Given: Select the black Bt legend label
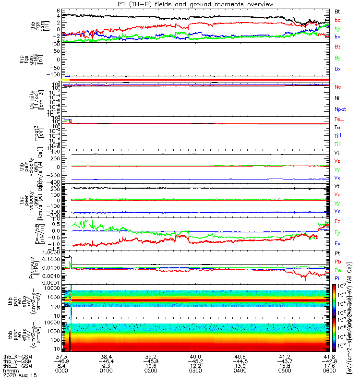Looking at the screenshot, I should click(x=338, y=11).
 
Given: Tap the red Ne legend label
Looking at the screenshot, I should click(x=338, y=87).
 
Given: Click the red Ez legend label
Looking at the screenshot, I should click(x=338, y=221).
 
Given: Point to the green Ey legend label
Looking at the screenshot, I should click(x=338, y=232).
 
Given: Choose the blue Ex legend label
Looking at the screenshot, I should click(x=338, y=243).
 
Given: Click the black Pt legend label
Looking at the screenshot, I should click(x=337, y=253).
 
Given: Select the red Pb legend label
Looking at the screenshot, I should click(x=337, y=262).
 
